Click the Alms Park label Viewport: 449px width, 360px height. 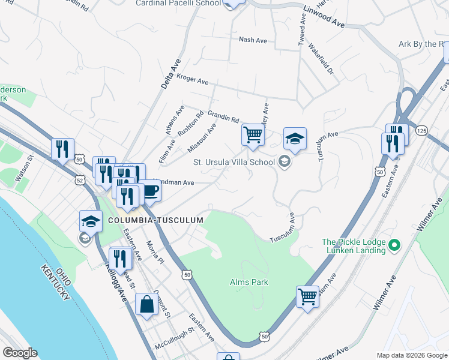tap(249, 282)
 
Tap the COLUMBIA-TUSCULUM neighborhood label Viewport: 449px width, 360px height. tap(156, 220)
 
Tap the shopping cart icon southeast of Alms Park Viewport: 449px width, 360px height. tap(307, 296)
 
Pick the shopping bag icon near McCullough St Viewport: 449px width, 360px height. tap(146, 304)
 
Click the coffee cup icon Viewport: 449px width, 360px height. tap(149, 191)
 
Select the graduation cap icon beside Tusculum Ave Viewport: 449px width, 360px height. tap(294, 139)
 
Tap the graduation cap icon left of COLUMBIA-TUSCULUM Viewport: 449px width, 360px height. tap(91, 221)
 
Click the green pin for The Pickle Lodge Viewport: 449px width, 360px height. tap(394, 245)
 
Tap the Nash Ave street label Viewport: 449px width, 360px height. tap(253, 40)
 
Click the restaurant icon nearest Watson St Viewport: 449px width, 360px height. tap(62, 148)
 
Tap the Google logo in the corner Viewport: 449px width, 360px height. tap(20, 352)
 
